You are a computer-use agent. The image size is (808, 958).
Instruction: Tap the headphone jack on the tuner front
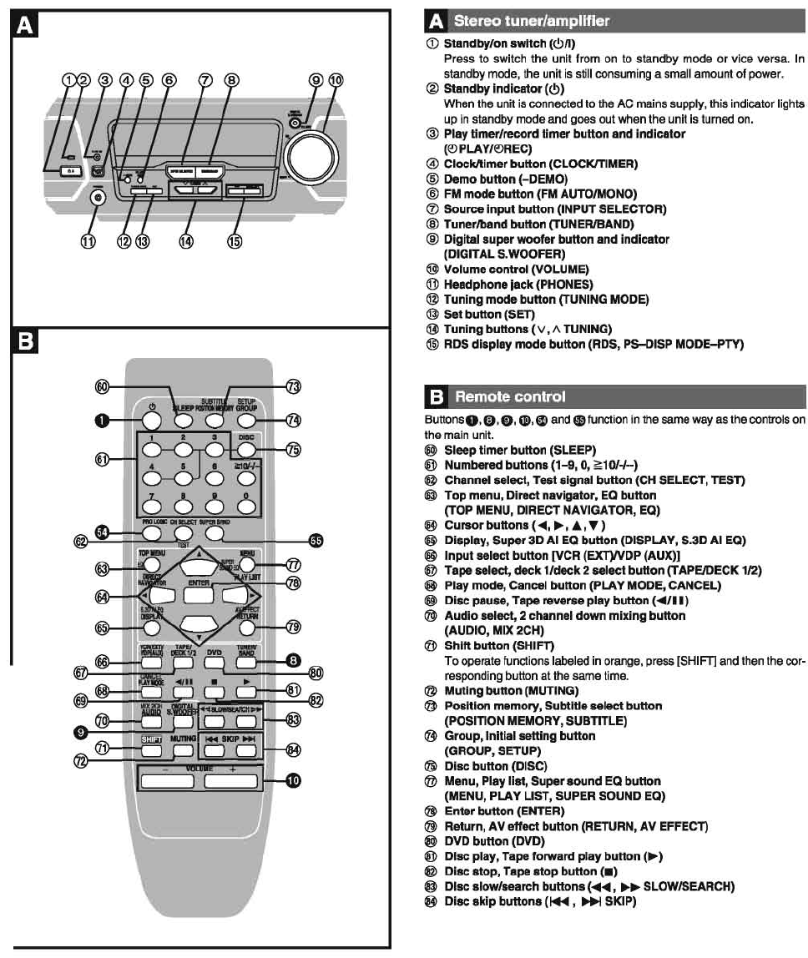coord(99,197)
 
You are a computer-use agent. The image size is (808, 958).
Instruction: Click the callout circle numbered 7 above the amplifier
coord(205,81)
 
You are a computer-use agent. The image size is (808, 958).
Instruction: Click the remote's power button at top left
coord(151,421)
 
